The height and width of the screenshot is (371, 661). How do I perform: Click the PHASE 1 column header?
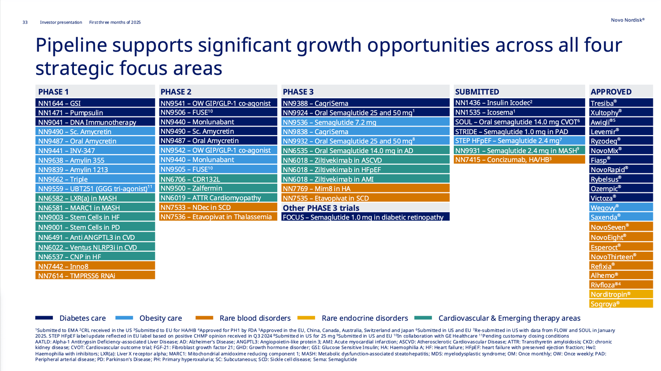[53, 92]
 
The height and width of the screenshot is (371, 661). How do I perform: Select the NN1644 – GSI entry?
[95, 103]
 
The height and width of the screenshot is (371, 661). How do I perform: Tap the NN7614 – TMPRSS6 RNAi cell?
[95, 276]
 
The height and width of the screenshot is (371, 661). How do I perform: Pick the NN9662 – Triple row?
[95, 180]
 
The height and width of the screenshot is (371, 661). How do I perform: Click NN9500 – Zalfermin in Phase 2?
[218, 188]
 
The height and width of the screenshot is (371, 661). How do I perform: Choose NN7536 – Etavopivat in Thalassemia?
[218, 217]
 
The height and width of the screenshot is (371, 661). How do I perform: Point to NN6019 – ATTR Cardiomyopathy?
[218, 198]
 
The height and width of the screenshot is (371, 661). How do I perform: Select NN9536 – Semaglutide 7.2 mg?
[365, 122]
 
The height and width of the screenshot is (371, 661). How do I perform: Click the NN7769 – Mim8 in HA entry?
[365, 189]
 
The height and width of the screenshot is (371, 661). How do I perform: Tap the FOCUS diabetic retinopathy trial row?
[365, 217]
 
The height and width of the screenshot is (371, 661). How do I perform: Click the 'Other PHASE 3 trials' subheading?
[321, 208]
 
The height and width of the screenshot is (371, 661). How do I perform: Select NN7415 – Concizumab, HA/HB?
[519, 159]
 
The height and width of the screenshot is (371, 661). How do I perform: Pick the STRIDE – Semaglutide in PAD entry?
[519, 131]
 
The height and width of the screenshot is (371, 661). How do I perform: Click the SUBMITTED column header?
[477, 92]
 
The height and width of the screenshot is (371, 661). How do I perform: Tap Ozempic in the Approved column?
[620, 189]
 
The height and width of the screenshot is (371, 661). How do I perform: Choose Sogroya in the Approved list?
[620, 304]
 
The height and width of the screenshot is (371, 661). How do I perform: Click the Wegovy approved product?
[620, 207]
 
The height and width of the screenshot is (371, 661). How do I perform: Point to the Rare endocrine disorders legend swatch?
[306, 318]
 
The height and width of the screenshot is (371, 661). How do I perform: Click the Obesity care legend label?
[160, 318]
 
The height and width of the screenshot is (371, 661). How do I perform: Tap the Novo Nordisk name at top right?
[627, 20]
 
